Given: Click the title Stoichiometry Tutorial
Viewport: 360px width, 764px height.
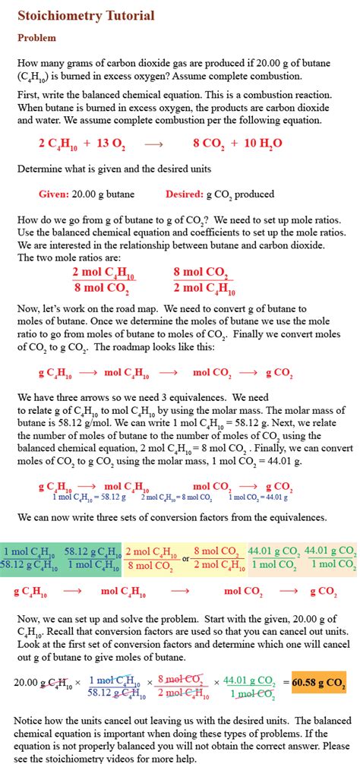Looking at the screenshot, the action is pyautogui.click(x=86, y=15).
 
